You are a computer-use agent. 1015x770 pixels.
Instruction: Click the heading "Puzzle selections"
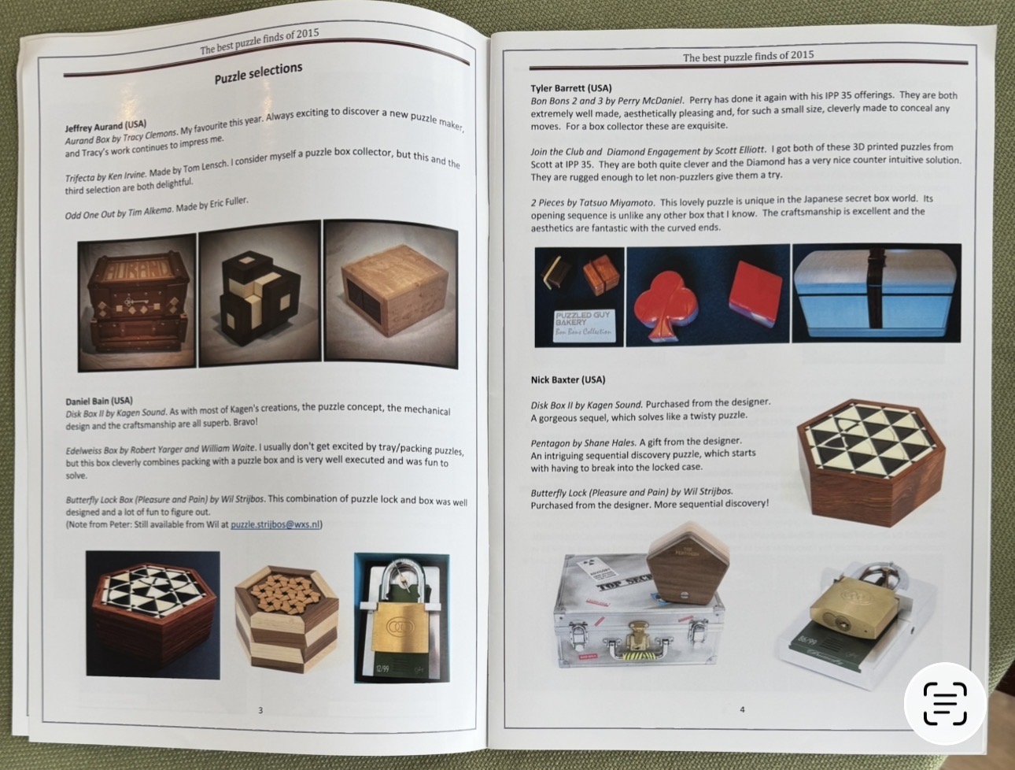(x=258, y=73)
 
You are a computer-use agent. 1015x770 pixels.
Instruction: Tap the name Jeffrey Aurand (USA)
(x=106, y=126)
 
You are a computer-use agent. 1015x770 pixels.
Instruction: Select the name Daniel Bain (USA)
(x=99, y=401)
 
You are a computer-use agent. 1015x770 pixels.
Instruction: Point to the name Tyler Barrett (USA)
(x=571, y=88)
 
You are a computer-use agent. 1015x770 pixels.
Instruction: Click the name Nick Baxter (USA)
(x=568, y=380)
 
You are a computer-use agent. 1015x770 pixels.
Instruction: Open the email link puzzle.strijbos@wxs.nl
(x=275, y=524)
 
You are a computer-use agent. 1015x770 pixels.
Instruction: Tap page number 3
(x=260, y=710)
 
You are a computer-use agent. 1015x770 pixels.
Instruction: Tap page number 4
(x=742, y=709)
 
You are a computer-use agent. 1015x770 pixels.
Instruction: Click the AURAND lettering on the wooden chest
(x=138, y=269)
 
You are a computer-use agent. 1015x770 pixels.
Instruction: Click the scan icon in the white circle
(x=945, y=704)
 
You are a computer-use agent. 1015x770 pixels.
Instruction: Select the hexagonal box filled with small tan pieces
(x=286, y=618)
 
